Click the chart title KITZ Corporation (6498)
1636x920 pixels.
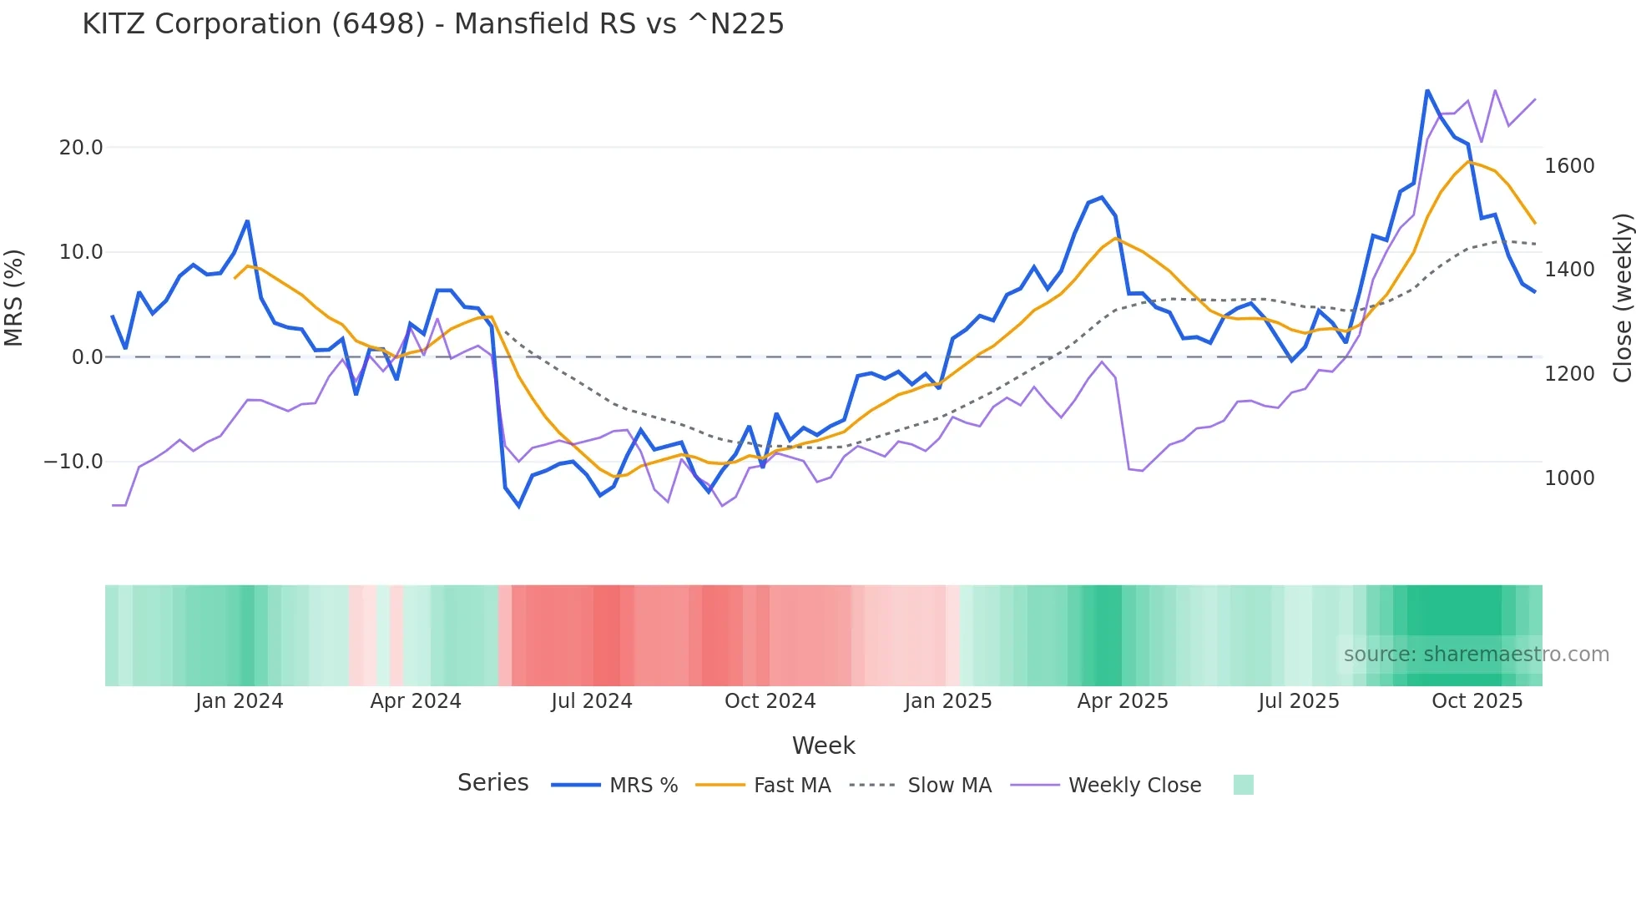[432, 24]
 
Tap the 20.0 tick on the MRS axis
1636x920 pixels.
[81, 148]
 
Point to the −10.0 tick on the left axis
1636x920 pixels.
[73, 462]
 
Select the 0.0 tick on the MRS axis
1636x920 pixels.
[88, 357]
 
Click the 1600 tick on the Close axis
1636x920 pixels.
[1569, 166]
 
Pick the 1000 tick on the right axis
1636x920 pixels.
[1569, 478]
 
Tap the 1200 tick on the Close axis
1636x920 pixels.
[1569, 374]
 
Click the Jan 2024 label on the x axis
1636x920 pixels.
[240, 701]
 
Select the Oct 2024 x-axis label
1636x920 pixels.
[770, 701]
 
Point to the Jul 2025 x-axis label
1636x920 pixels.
[1298, 701]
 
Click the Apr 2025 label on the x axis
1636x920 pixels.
[1123, 701]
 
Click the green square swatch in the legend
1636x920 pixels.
[1243, 785]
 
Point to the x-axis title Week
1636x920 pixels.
[823, 746]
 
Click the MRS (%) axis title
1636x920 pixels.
[14, 298]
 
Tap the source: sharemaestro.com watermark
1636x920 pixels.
[1476, 655]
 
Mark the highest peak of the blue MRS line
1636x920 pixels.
[1427, 90]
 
